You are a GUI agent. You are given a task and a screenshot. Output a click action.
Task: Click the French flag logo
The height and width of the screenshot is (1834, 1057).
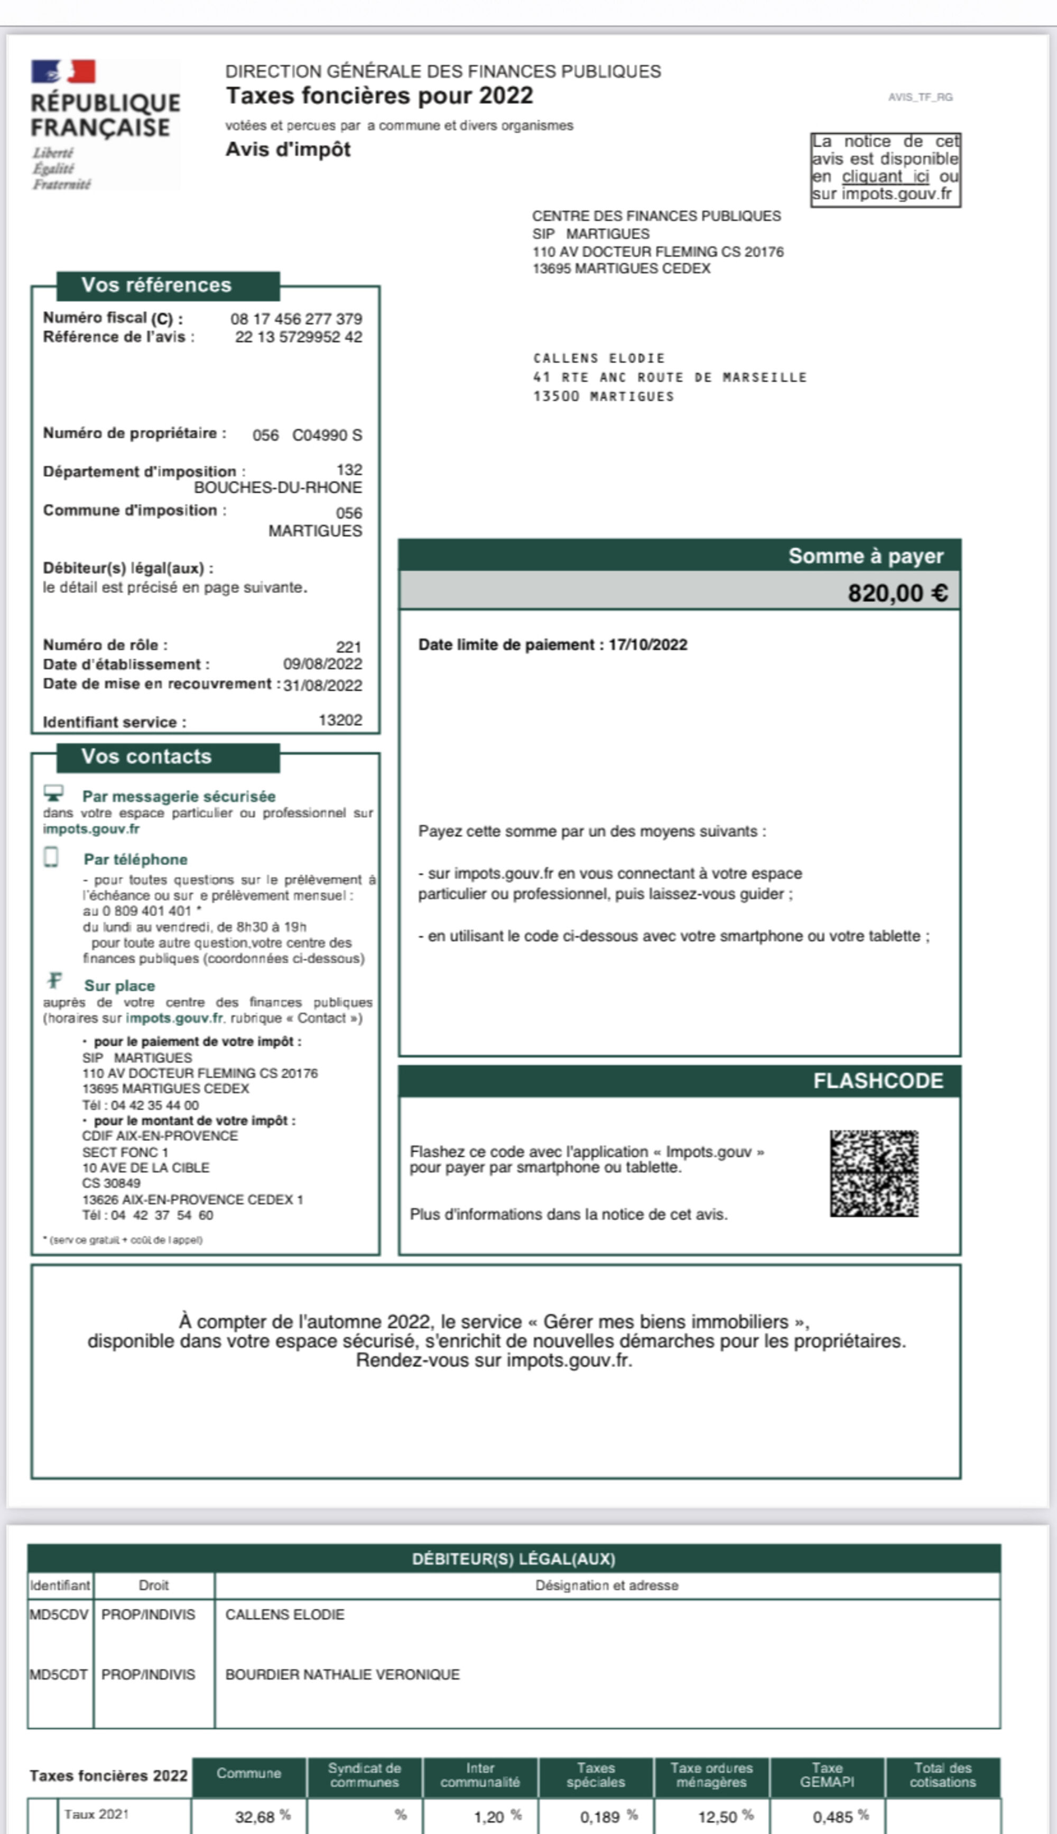(63, 71)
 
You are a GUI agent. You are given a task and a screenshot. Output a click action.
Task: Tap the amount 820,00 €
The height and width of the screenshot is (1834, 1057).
(897, 593)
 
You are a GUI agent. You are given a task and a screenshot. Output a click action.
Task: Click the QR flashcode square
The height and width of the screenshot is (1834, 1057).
(874, 1173)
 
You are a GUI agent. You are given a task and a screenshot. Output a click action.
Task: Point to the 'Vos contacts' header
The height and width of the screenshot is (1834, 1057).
(146, 757)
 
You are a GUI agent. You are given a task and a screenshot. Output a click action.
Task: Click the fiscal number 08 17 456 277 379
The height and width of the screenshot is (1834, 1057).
(296, 319)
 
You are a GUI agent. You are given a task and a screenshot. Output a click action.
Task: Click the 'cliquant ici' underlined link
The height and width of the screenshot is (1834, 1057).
(885, 177)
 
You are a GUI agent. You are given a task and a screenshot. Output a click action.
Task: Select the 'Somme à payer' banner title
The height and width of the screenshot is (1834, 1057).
(865, 556)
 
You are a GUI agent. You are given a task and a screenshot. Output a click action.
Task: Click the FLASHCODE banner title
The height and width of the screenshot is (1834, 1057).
(878, 1081)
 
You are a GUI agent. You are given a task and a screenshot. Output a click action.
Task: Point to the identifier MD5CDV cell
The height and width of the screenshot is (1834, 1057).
(59, 1614)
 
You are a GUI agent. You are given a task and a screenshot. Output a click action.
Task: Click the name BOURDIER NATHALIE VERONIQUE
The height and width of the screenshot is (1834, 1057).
(342, 1674)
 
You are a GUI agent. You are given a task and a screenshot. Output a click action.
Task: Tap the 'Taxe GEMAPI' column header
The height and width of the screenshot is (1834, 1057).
(827, 1774)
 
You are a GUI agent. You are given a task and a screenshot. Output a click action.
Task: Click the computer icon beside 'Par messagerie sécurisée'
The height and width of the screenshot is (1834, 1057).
(54, 793)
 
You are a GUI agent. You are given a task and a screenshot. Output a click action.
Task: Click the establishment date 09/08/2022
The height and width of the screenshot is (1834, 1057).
(322, 665)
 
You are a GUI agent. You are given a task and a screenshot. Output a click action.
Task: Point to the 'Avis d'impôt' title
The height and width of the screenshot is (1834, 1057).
(288, 150)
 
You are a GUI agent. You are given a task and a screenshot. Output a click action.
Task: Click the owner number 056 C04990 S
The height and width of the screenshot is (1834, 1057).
(307, 435)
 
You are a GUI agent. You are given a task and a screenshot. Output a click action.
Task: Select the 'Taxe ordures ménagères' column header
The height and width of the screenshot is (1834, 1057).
(711, 1774)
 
